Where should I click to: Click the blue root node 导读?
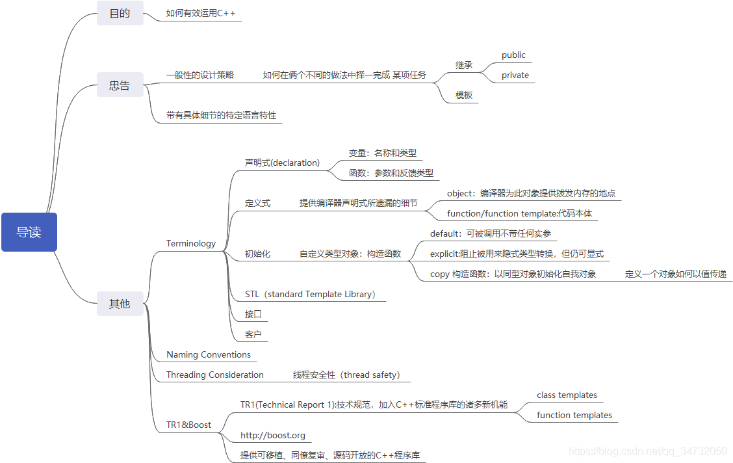point(29,232)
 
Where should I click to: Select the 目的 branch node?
point(120,13)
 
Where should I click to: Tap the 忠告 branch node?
point(120,85)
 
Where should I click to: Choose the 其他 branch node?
point(120,304)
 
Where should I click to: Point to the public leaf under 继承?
point(513,55)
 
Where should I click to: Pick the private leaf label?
point(515,75)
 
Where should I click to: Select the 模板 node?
point(464,95)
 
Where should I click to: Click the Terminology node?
point(191,243)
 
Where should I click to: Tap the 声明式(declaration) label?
point(282,163)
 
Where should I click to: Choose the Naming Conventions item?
point(209,354)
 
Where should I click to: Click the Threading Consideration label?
point(215,375)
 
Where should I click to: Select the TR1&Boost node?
point(189,425)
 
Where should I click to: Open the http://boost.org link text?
point(273,435)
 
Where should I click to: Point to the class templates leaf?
point(567,395)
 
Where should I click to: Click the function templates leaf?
point(574,415)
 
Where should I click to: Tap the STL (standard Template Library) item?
point(311,294)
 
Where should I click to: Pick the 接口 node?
point(253,314)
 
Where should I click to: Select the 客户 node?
point(253,334)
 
